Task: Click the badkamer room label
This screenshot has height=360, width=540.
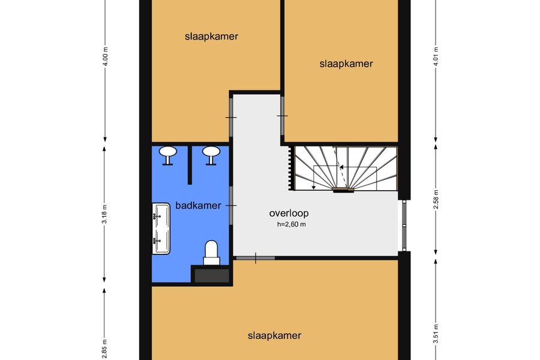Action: tap(198, 206)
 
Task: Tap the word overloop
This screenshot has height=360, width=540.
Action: tap(289, 213)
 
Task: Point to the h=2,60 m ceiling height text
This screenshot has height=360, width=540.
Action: tap(292, 224)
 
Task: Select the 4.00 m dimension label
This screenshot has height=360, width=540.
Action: tap(106, 56)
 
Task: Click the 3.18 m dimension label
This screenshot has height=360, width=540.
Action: tap(104, 214)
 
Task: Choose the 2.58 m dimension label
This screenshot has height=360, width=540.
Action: tap(436, 199)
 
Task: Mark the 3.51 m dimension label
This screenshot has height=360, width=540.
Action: tap(436, 334)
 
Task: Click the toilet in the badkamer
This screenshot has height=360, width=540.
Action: tap(211, 253)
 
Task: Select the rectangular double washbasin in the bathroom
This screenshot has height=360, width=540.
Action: tap(161, 229)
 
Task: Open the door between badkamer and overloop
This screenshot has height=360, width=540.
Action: tap(232, 206)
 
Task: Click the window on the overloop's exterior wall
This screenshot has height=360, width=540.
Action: tap(404, 226)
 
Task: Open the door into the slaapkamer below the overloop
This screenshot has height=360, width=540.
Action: tap(255, 257)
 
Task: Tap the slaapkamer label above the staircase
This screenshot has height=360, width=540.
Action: tap(346, 64)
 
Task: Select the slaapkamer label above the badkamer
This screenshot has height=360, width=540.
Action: tap(211, 37)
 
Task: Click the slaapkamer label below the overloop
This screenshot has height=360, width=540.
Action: tap(274, 335)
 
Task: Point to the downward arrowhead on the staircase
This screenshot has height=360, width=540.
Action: tap(314, 187)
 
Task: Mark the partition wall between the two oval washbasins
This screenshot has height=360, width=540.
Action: tap(190, 165)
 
